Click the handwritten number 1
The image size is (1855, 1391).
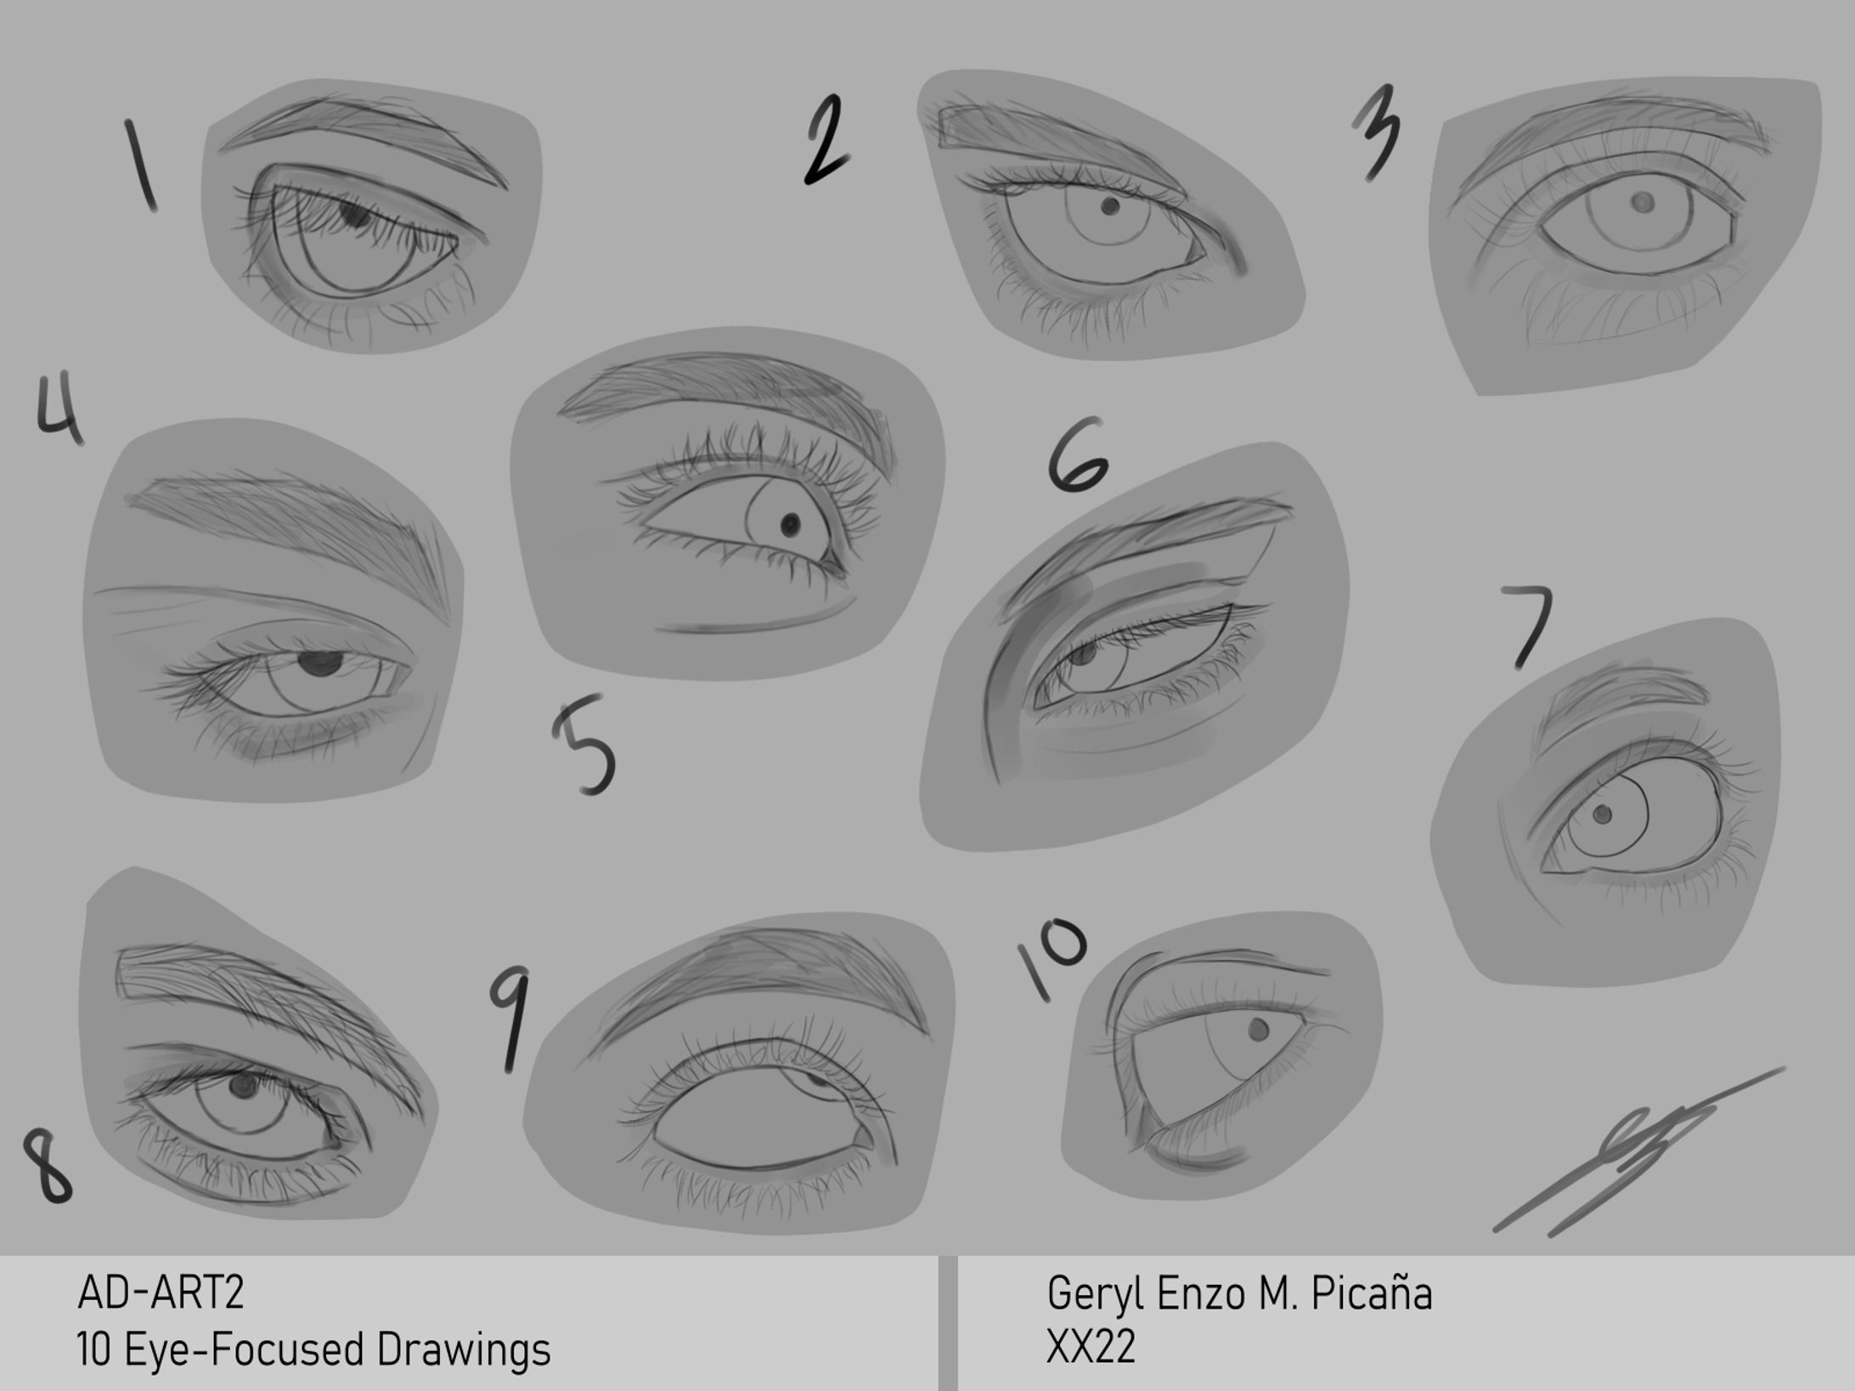click(x=141, y=166)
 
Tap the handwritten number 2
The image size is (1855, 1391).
click(x=826, y=141)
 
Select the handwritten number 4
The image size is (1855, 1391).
click(x=59, y=411)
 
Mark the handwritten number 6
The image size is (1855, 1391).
click(x=1077, y=455)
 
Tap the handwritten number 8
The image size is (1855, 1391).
click(x=48, y=1165)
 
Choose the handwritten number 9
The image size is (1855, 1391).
click(x=510, y=1019)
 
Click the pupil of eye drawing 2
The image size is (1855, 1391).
click(x=1109, y=206)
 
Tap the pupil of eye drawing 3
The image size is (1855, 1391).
click(x=1643, y=202)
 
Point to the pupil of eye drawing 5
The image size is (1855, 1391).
click(x=791, y=524)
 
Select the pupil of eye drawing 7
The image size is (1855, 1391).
click(x=1603, y=814)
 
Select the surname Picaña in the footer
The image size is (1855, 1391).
click(x=1372, y=1293)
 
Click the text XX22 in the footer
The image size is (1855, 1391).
click(x=1091, y=1347)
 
